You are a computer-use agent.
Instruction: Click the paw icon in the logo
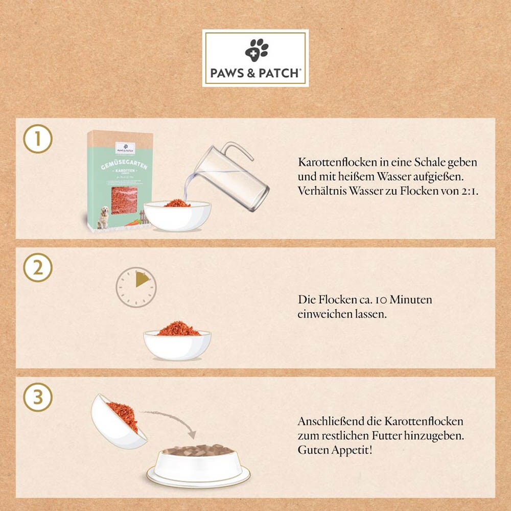pos(256,50)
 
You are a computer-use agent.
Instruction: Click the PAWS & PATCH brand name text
pos(255,73)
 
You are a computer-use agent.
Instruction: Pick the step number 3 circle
pos(38,398)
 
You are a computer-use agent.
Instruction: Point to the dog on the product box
pos(104,217)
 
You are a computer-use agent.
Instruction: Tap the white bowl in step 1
pos(177,217)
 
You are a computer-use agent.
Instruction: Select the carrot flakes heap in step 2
pos(178,329)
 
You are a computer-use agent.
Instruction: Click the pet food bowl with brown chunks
pos(198,462)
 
